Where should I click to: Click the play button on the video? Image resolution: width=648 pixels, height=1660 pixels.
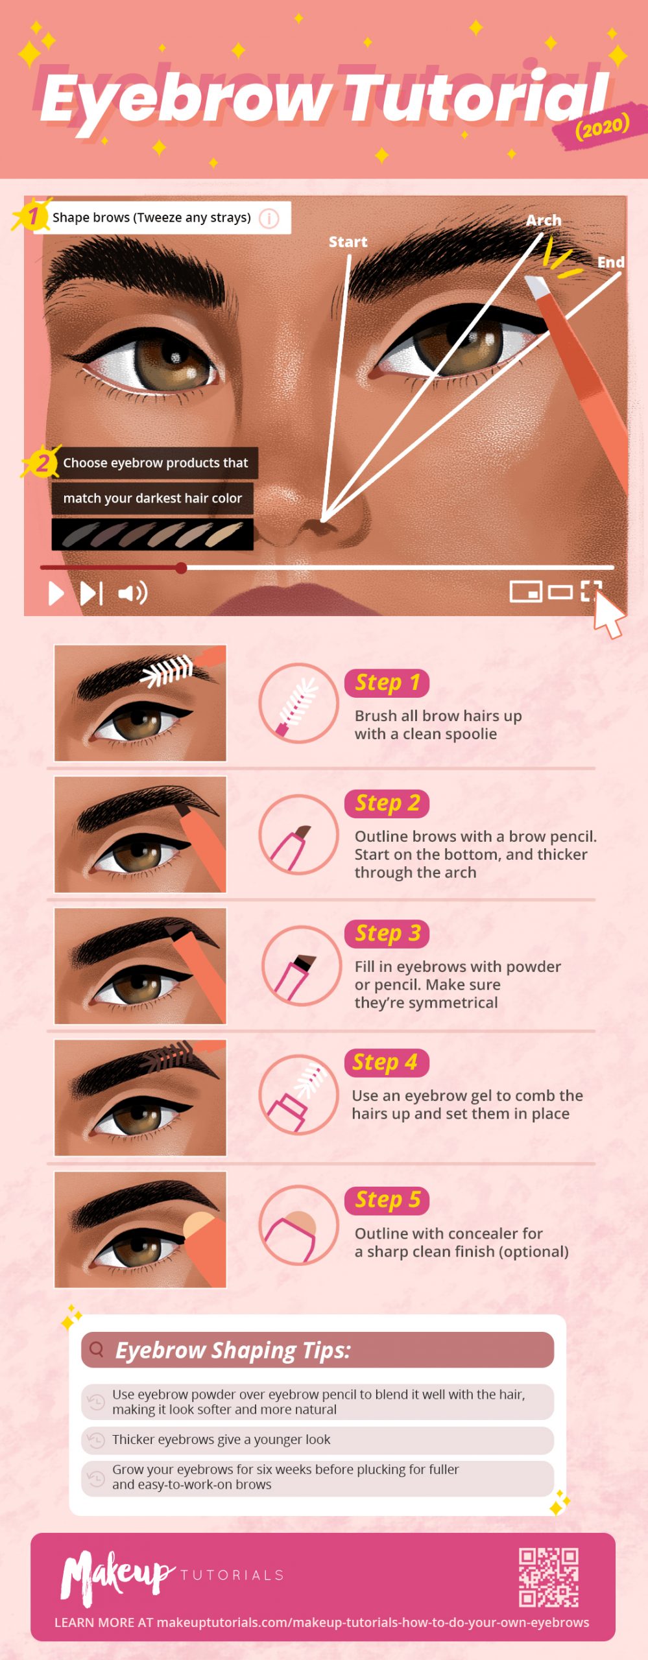(x=56, y=593)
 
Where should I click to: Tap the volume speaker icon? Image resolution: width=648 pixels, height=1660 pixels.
(x=132, y=593)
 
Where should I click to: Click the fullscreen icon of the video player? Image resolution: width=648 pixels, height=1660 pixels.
(x=591, y=591)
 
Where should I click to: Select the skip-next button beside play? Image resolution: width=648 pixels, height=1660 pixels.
(x=91, y=593)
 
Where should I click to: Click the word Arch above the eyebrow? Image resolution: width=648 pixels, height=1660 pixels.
(x=544, y=220)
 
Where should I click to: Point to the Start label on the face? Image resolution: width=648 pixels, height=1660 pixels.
(x=348, y=242)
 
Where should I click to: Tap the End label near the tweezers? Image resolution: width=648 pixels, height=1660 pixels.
(x=610, y=262)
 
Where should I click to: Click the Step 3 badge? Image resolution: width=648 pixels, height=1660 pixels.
(x=387, y=934)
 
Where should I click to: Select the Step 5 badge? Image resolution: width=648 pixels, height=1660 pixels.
(x=387, y=1200)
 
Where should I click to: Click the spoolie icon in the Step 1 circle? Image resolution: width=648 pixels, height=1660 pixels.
(x=298, y=704)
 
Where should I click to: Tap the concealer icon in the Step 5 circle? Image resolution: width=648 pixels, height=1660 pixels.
(x=298, y=1226)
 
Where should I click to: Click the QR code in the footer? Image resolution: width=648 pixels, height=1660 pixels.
(x=548, y=1577)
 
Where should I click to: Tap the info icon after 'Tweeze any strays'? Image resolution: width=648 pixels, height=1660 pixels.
(x=269, y=219)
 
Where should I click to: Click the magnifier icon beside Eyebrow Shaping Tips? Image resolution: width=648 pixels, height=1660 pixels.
(x=97, y=1349)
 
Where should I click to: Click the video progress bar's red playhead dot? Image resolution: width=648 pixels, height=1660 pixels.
(x=182, y=568)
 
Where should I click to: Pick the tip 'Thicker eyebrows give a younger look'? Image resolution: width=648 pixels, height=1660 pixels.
(x=221, y=1440)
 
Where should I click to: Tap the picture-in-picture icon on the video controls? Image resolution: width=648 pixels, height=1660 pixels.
(x=525, y=591)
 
